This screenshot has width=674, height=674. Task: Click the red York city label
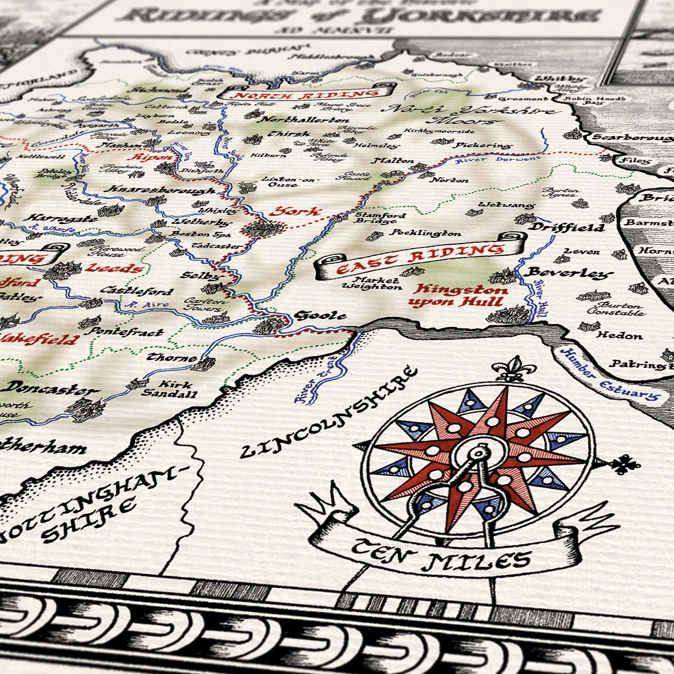(x=295, y=212)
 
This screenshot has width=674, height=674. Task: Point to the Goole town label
(x=320, y=316)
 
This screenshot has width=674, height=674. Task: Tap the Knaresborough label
(x=161, y=190)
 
